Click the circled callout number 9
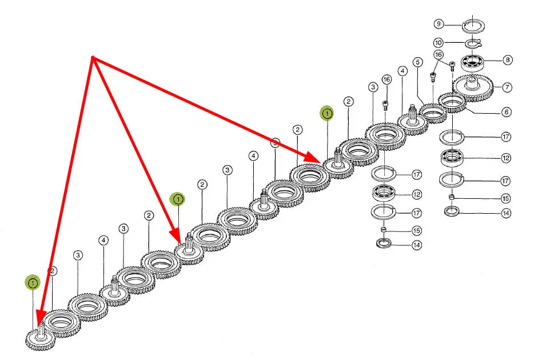pos(439,24)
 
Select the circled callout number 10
pos(439,42)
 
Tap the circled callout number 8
pos(507,59)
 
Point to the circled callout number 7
pos(507,87)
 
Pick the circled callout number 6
pos(507,112)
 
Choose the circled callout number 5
pos(418,61)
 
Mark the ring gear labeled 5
pos(433,113)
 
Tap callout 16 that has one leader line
pos(386,80)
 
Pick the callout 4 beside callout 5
pos(402,71)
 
